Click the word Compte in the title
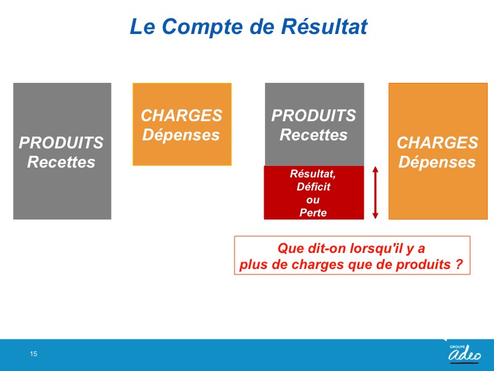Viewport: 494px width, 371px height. point(202,27)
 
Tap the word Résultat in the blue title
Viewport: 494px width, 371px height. point(324,26)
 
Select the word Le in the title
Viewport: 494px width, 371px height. point(143,27)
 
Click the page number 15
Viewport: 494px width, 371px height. point(33,354)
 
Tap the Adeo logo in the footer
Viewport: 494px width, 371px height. point(465,352)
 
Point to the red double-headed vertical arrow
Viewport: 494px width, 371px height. point(375,192)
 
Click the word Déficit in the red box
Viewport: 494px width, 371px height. point(314,187)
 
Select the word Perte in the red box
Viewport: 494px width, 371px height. point(313,212)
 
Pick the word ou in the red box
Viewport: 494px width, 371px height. point(313,200)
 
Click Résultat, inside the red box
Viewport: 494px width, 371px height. point(313,174)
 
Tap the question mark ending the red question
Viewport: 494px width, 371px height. point(459,264)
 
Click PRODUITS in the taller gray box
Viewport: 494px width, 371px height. point(61,143)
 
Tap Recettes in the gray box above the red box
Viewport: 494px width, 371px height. point(314,135)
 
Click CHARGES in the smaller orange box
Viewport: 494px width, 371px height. point(182,116)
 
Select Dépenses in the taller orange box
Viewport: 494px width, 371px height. point(437,162)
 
